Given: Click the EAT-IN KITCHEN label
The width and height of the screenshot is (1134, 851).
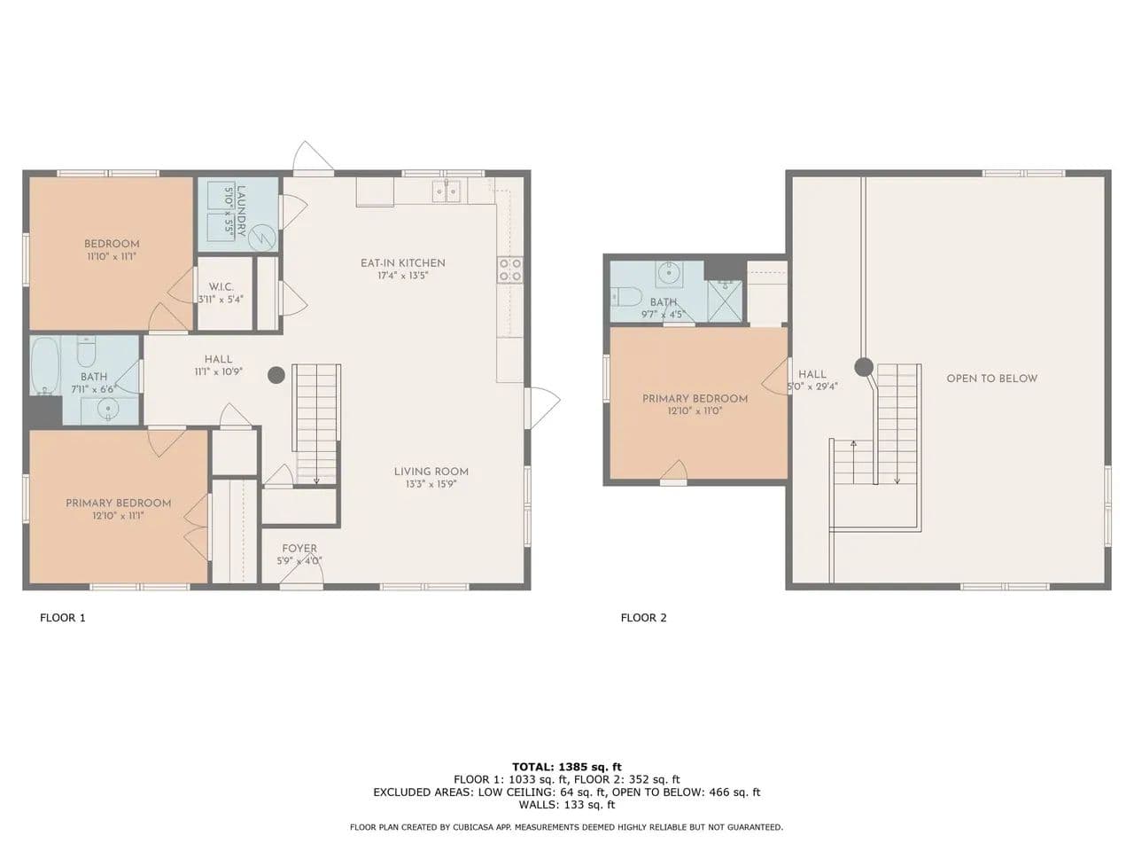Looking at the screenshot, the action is (x=402, y=263).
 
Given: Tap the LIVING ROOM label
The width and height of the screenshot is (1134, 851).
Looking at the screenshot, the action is (x=431, y=472).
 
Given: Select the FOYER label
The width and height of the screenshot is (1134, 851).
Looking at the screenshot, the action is (x=299, y=548).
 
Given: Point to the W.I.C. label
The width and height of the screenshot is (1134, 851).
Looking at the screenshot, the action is (x=221, y=286).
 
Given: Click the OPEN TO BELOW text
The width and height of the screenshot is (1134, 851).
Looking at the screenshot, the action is (x=992, y=379).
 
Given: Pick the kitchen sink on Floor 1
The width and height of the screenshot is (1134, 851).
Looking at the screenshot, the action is (x=447, y=191).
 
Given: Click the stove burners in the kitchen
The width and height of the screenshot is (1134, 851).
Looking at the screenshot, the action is (x=510, y=269).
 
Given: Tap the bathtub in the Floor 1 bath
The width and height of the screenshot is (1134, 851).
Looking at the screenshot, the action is (x=45, y=366).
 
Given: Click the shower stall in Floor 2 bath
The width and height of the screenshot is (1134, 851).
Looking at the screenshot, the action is (x=725, y=301).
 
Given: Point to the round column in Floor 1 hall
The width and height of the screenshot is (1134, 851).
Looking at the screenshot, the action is (x=276, y=375).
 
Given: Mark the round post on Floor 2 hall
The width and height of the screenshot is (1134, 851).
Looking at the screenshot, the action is (x=863, y=367).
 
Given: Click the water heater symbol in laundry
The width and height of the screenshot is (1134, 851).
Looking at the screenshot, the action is (x=261, y=238).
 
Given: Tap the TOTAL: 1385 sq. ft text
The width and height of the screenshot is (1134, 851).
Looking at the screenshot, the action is (x=567, y=767).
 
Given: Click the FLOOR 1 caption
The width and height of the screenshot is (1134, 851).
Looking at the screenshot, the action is (x=63, y=618).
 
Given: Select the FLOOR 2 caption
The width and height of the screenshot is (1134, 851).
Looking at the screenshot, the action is (x=644, y=618).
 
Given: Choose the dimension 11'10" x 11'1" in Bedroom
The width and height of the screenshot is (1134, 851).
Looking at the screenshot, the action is (x=112, y=256).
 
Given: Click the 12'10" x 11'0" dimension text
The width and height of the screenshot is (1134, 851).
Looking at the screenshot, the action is (x=695, y=411).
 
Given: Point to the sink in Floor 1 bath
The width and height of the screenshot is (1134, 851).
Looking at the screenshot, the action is (x=108, y=410).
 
